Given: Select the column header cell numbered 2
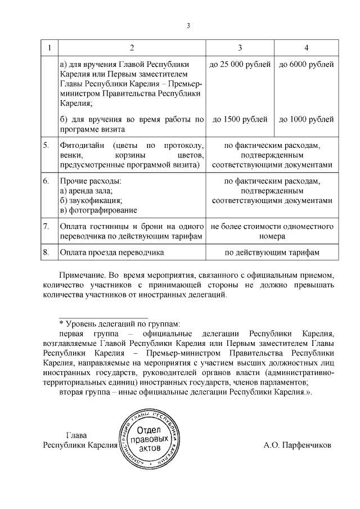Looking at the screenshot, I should (132, 47).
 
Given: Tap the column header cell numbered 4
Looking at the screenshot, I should (306, 47).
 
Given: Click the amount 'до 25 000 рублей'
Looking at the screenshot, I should (240, 64).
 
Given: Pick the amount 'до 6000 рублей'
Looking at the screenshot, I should (306, 64).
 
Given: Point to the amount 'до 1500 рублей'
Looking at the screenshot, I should (240, 119).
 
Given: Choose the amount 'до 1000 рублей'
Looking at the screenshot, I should (306, 119).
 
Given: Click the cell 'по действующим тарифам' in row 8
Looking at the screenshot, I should (272, 253).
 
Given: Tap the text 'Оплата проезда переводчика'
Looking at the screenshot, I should (111, 253).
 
